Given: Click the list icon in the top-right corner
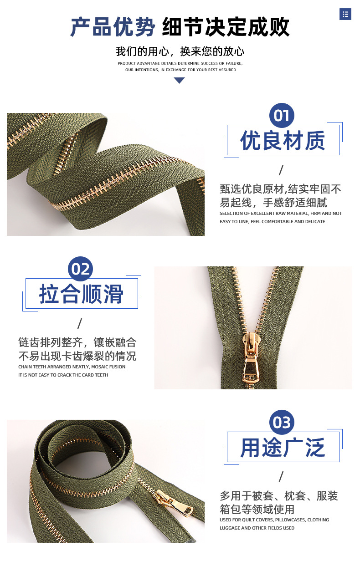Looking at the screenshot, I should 345,14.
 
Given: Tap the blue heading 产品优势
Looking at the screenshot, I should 113,27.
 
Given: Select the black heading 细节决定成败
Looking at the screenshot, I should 226,27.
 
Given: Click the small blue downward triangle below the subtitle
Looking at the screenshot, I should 180,81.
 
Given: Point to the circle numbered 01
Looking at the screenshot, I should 282,116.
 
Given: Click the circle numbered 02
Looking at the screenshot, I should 80,269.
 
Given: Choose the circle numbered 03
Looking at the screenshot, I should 282,423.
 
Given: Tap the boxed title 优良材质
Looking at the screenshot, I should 283,140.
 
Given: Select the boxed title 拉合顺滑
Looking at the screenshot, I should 81,294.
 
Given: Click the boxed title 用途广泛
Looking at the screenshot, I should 283,447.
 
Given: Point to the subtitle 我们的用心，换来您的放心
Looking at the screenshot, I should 180,51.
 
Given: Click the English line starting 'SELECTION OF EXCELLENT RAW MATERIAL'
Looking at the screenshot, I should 280,214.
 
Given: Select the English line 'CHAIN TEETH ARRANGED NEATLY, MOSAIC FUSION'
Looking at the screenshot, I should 72,367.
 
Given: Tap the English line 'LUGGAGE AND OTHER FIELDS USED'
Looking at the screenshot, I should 257,528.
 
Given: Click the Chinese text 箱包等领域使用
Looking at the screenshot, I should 257,509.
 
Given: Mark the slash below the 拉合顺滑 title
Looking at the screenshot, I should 80,324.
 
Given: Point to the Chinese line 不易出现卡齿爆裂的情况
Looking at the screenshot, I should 77,356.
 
